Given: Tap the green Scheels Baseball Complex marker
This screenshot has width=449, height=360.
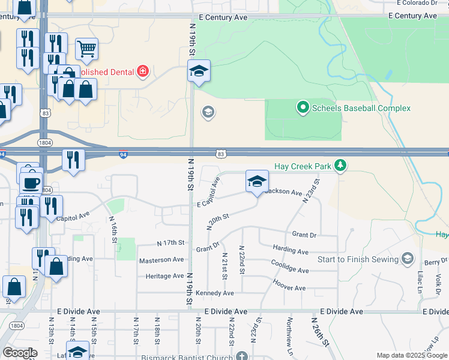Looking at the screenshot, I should (x=303, y=108).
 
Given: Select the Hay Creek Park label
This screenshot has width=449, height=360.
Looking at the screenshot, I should (x=303, y=166).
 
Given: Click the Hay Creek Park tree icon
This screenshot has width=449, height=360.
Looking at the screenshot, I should (x=340, y=165).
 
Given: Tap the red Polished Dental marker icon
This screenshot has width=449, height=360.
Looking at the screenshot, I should (x=143, y=72).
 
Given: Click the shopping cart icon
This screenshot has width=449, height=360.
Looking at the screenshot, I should (x=86, y=49).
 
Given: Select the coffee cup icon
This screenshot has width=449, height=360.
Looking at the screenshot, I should (x=31, y=182).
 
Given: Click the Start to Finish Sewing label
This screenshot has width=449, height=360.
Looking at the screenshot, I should (x=358, y=259).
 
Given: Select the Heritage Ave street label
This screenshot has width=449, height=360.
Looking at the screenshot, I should (x=164, y=276).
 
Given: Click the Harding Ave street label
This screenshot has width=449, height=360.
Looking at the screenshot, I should (x=290, y=250).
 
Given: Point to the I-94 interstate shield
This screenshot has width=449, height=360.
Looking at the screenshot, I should (x=122, y=154).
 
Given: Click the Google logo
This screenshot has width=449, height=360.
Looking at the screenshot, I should (x=20, y=353).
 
